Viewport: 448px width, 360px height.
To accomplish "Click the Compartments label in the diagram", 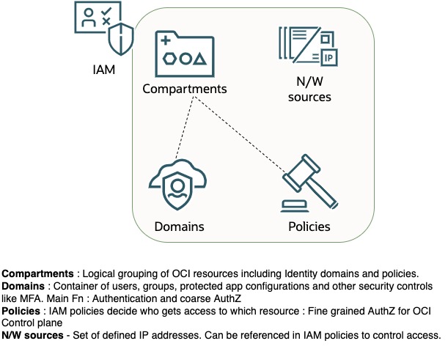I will (185, 89).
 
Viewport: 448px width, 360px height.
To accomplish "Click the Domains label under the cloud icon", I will (179, 226).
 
